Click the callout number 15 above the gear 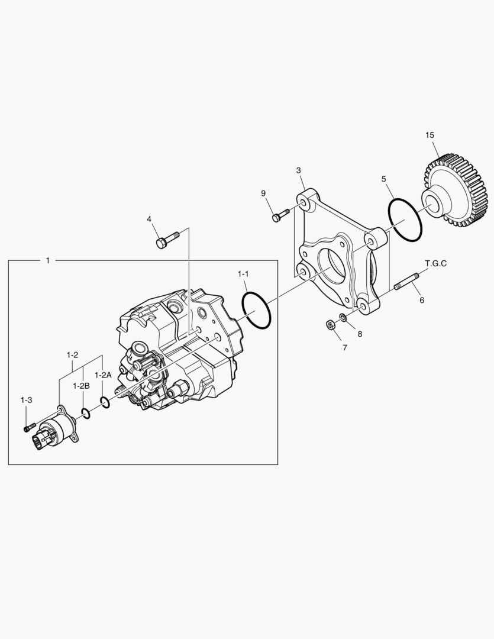(430, 135)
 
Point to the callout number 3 (299, 170)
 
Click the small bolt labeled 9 (279, 215)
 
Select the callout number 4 (149, 219)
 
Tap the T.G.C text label (435, 263)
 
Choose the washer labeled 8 (344, 318)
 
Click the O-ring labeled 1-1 (256, 309)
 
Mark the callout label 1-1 (244, 274)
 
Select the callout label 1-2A (103, 375)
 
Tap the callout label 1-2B (81, 385)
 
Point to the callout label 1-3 (26, 401)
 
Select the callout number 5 (383, 178)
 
